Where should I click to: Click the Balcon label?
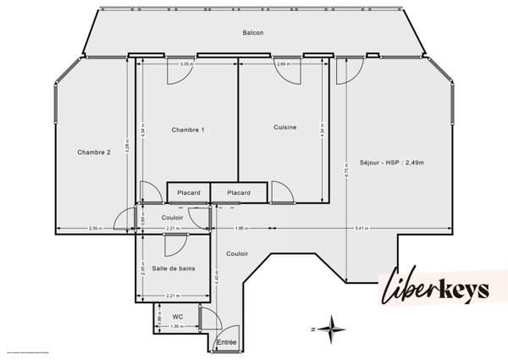pos(252,33)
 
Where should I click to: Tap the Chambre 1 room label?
pos(188,130)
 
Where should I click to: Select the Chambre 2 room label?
pos(94,152)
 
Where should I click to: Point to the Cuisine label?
pos(284,127)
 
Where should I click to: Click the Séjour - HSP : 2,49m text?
pos(391,163)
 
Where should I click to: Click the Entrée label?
pos(227,342)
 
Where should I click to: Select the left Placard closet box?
pos(189,193)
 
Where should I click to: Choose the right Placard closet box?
pos(239,193)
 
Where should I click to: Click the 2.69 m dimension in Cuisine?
pos(283,64)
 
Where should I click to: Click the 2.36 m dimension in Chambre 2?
pos(95,229)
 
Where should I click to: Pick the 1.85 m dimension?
pos(240,229)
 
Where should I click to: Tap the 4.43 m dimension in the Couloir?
pos(216,280)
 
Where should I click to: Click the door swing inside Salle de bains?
pos(175,245)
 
